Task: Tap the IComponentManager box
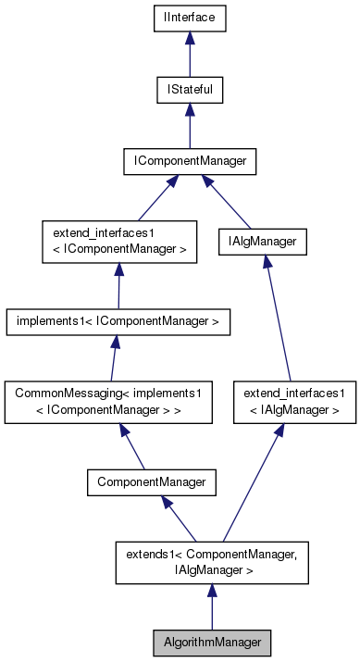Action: pos(190,161)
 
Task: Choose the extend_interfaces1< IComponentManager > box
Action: pos(119,242)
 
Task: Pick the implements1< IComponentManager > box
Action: pos(118,321)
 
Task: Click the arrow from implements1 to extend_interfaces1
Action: pos(118,285)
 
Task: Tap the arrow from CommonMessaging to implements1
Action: pos(115,359)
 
